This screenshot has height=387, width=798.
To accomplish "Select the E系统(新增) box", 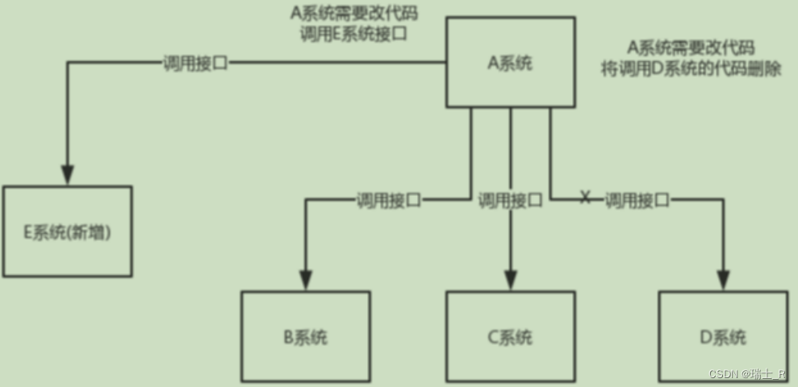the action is tap(67, 231).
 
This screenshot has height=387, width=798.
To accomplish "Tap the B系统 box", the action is tap(306, 336).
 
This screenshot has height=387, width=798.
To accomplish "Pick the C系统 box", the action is tap(511, 336).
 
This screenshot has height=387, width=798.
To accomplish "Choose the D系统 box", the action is tap(723, 336).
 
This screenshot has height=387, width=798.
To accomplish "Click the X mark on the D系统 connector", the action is tap(586, 198).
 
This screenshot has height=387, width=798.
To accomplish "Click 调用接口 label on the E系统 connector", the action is tap(194, 62).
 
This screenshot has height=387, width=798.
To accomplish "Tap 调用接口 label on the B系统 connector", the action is tap(388, 199).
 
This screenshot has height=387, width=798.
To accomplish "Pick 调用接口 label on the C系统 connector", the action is tap(510, 199).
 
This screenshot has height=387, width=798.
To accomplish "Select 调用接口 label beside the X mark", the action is tap(637, 199).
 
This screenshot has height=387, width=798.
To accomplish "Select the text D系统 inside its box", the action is tap(724, 337).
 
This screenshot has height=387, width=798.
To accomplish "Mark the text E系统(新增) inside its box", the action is tap(67, 232).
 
